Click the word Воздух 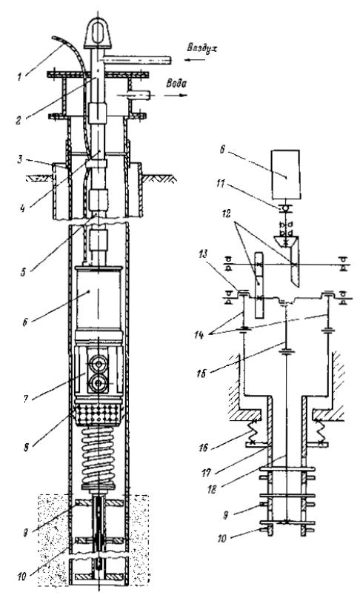[201, 48]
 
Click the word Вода [176, 84]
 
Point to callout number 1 [19, 77]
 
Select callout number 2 [19, 120]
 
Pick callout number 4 [24, 209]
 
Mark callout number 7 [26, 399]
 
